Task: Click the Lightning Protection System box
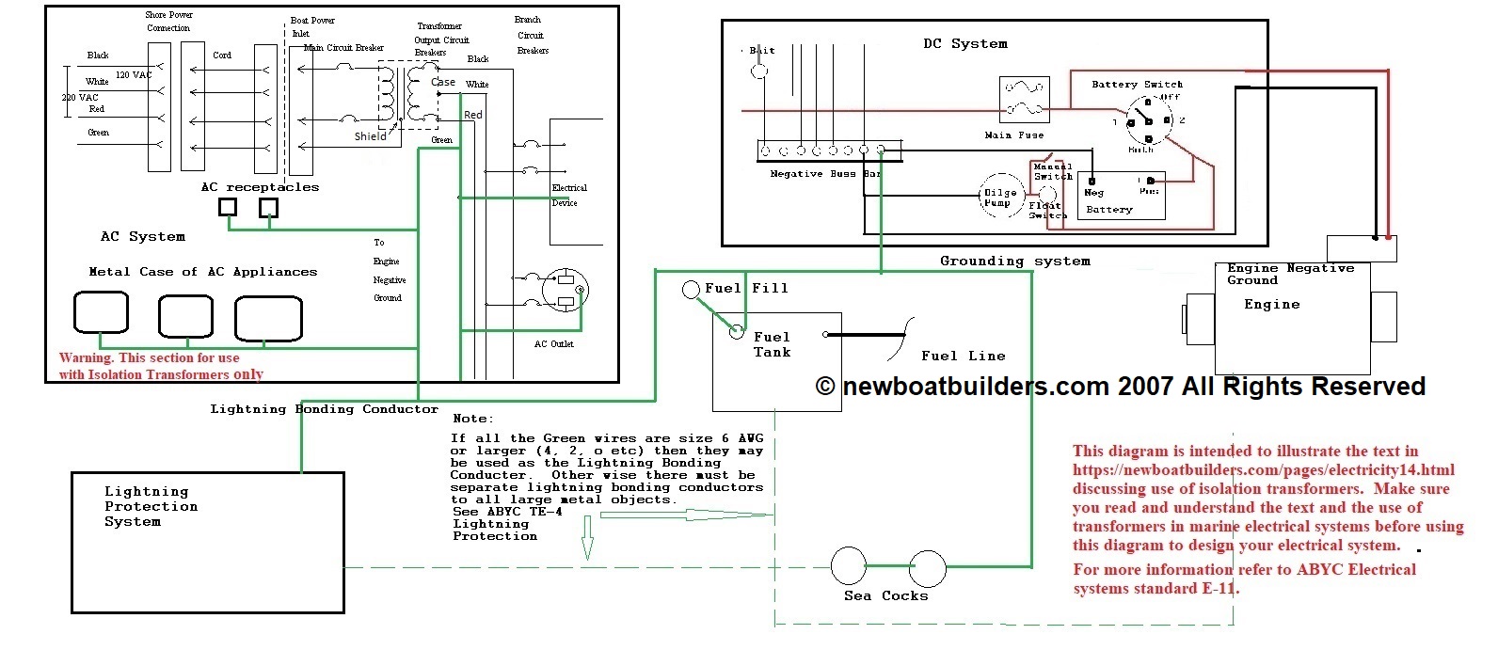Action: tap(207, 543)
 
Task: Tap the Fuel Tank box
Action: tap(776, 362)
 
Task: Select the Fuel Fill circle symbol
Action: tap(692, 290)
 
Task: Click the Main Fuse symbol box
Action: tap(1023, 100)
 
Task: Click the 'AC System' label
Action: tap(143, 237)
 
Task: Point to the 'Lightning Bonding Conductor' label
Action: tap(324, 409)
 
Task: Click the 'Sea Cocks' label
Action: tap(885, 595)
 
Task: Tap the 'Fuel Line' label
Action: tap(963, 356)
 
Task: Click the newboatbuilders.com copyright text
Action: tap(1120, 387)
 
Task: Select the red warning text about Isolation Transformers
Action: tap(160, 366)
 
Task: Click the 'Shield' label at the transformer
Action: tap(370, 136)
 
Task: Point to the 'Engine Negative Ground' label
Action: tap(1290, 274)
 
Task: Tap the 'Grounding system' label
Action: tap(1015, 261)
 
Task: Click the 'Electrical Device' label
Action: tap(568, 196)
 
